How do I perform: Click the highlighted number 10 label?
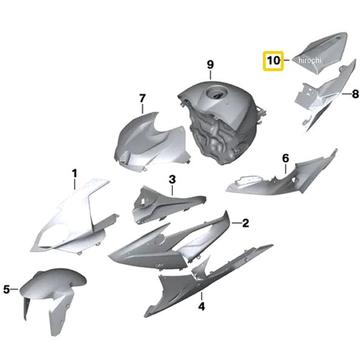coord(273,61)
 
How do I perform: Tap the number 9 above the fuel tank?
coord(210,64)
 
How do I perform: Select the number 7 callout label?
coord(143,98)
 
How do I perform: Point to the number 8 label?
coord(355,94)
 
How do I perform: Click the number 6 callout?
coord(286,158)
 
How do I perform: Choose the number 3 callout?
coord(172,180)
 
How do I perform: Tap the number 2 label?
coord(245,223)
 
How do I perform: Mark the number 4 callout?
coord(201,306)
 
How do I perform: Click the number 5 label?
coord(7,289)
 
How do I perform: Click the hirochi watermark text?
coord(310,60)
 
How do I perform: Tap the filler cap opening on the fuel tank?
coord(215,93)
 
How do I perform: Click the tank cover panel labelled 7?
coord(151,141)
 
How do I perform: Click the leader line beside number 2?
coord(237,223)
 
